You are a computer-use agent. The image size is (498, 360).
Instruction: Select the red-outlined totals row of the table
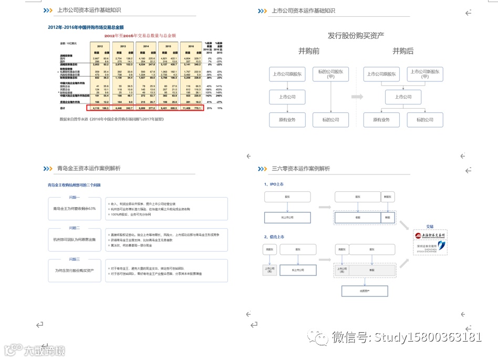click(145, 107)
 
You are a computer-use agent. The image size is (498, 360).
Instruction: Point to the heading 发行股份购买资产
click(356, 35)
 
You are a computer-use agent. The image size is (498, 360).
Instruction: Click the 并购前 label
click(309, 51)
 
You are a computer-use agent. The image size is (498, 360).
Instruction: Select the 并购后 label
click(402, 51)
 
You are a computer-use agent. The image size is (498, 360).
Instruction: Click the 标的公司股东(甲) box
click(330, 74)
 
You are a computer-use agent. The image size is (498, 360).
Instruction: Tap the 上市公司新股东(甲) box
click(426, 74)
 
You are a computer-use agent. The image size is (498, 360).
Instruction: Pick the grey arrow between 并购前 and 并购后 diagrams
click(357, 97)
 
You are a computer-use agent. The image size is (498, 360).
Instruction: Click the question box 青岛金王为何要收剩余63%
click(74, 209)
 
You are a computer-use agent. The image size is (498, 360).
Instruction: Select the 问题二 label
click(74, 228)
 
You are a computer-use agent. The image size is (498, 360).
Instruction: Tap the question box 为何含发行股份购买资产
click(74, 270)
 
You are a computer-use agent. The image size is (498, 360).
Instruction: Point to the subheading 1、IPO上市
click(274, 184)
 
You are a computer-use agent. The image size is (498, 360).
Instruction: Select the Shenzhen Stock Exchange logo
click(430, 246)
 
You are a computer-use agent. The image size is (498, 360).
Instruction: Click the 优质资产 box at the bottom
click(364, 291)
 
